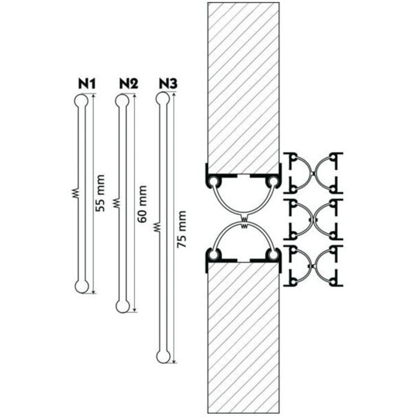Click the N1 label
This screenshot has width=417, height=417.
[x=87, y=83]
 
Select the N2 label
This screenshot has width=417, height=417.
[x=128, y=83]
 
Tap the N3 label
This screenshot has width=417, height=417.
[x=168, y=83]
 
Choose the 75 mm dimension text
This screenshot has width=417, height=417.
[x=182, y=229]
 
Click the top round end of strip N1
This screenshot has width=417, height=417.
[x=81, y=100]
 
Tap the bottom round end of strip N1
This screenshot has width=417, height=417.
[x=81, y=286]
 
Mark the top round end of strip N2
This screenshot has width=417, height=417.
[x=122, y=100]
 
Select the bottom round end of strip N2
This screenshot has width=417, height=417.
[x=122, y=306]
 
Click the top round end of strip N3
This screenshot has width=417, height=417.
[x=163, y=99]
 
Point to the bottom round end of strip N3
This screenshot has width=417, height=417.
[x=163, y=356]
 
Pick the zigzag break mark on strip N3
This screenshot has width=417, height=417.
[x=157, y=227]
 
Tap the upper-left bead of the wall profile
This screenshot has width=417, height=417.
[x=214, y=181]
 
